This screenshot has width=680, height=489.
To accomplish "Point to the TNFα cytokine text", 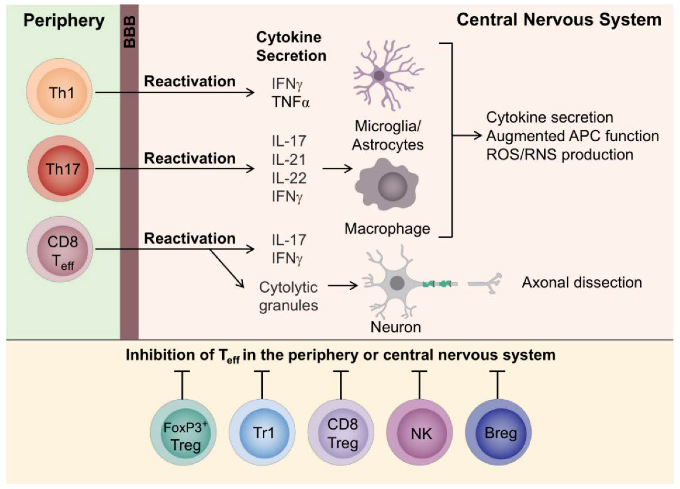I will pos(290,102).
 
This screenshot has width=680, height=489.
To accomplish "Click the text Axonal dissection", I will pos(582,282).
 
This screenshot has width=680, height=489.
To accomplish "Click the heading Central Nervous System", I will pos(559,20).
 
